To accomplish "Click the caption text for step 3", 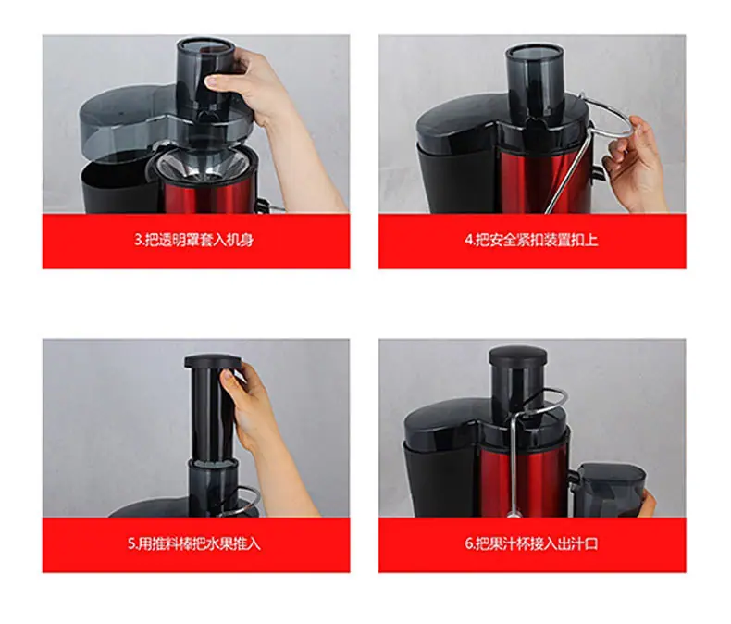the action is (x=194, y=240).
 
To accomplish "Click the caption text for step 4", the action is (x=531, y=240).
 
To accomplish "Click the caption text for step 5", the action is (x=194, y=543).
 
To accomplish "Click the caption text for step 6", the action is (x=531, y=543).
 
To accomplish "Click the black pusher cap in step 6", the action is (x=517, y=356).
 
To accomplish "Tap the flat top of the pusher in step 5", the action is (x=213, y=360).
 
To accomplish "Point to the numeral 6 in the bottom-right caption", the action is (x=468, y=544).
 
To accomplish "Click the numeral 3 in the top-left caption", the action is (x=138, y=241).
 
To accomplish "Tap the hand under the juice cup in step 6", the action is (x=648, y=505).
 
